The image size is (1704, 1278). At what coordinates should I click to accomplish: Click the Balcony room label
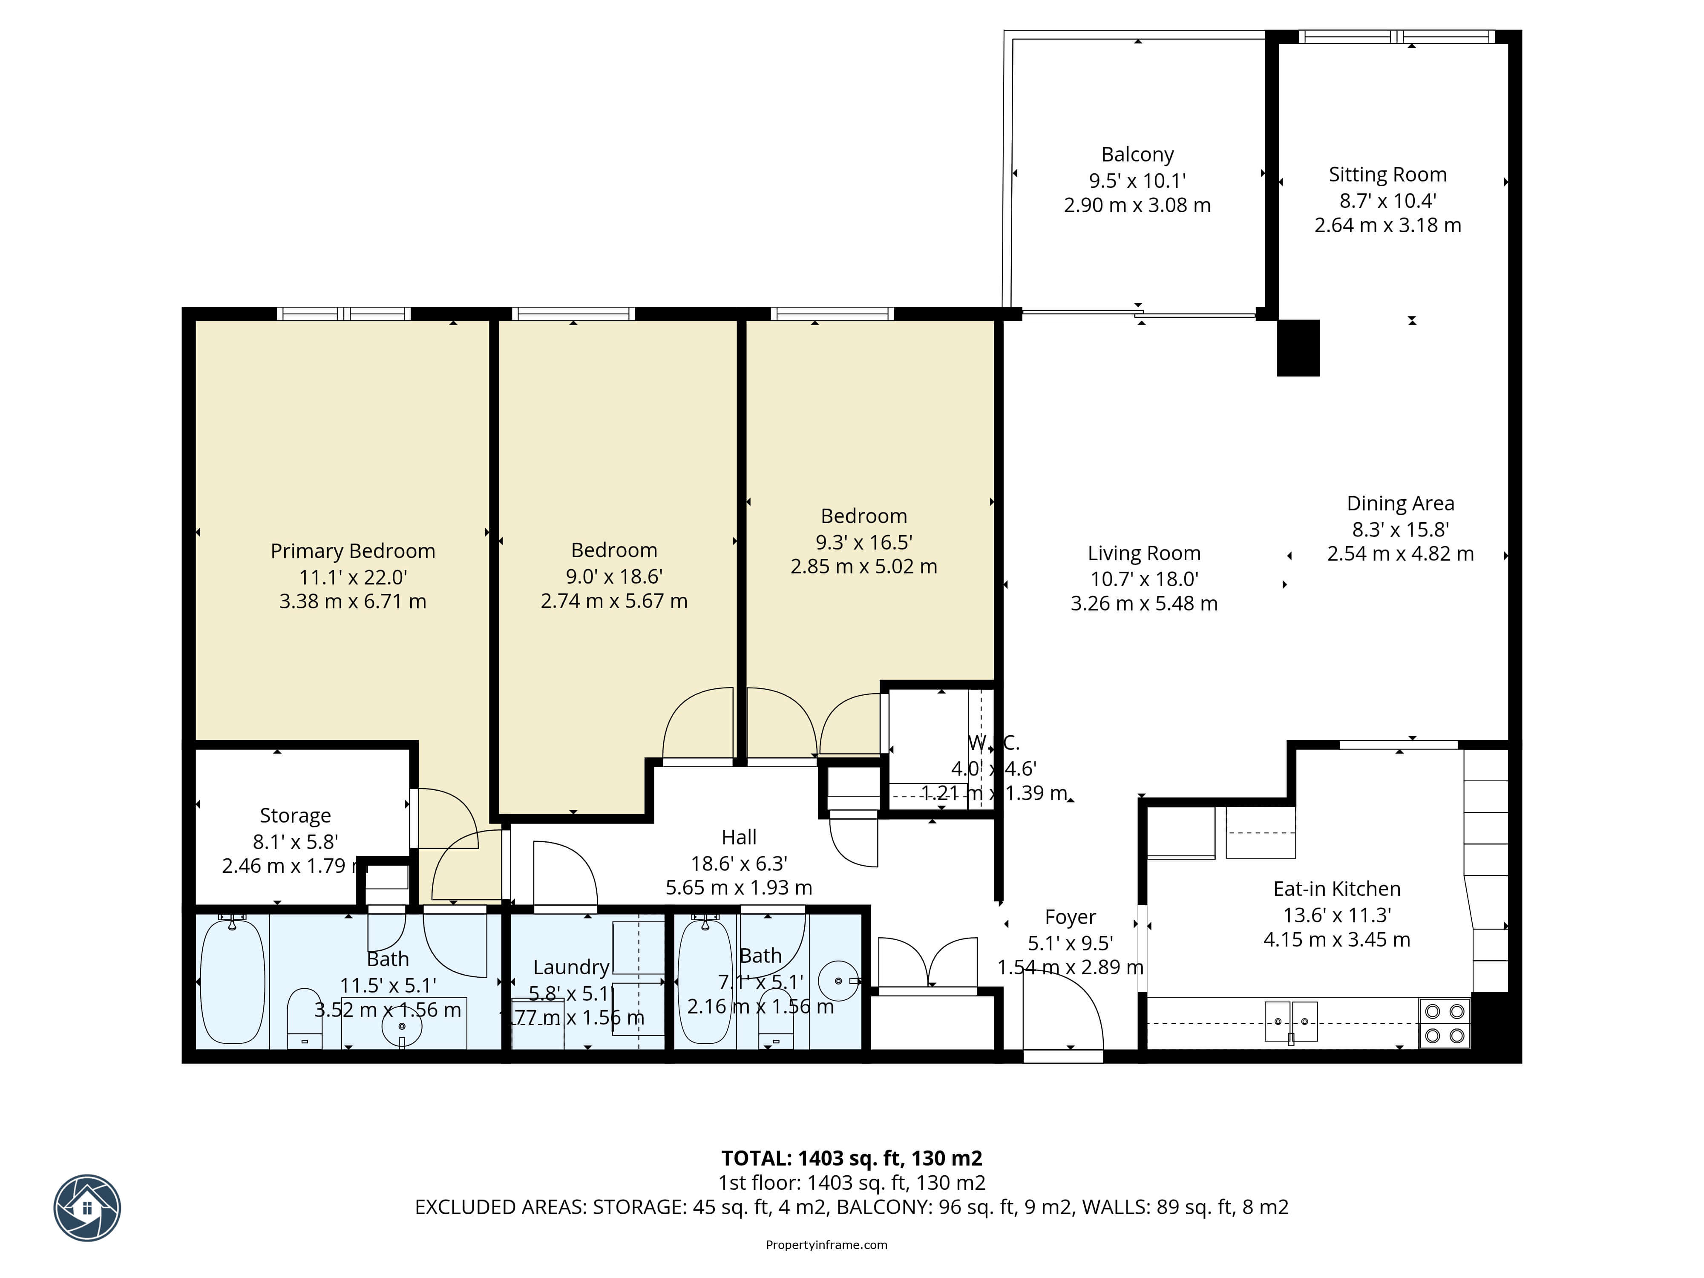coord(1137,155)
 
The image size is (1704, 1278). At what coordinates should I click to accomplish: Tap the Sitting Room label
coord(1387,175)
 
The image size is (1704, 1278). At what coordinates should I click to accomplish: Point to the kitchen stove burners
coord(1445,1023)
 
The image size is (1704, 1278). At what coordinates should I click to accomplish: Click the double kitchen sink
coord(1291,1022)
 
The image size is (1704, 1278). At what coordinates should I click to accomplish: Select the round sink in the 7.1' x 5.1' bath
coord(838,981)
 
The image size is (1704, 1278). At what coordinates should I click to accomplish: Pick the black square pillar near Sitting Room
coord(1298,348)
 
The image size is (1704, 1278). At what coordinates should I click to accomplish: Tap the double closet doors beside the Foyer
coord(928,963)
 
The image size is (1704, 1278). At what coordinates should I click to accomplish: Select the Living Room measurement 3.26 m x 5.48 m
coord(1144,604)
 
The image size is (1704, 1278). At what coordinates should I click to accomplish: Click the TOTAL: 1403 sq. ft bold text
coord(851,1158)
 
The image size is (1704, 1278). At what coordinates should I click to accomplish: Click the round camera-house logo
coord(87,1207)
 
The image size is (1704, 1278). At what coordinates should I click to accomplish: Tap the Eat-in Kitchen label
coord(1336,889)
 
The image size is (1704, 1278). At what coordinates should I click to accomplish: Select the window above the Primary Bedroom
coord(344,314)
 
